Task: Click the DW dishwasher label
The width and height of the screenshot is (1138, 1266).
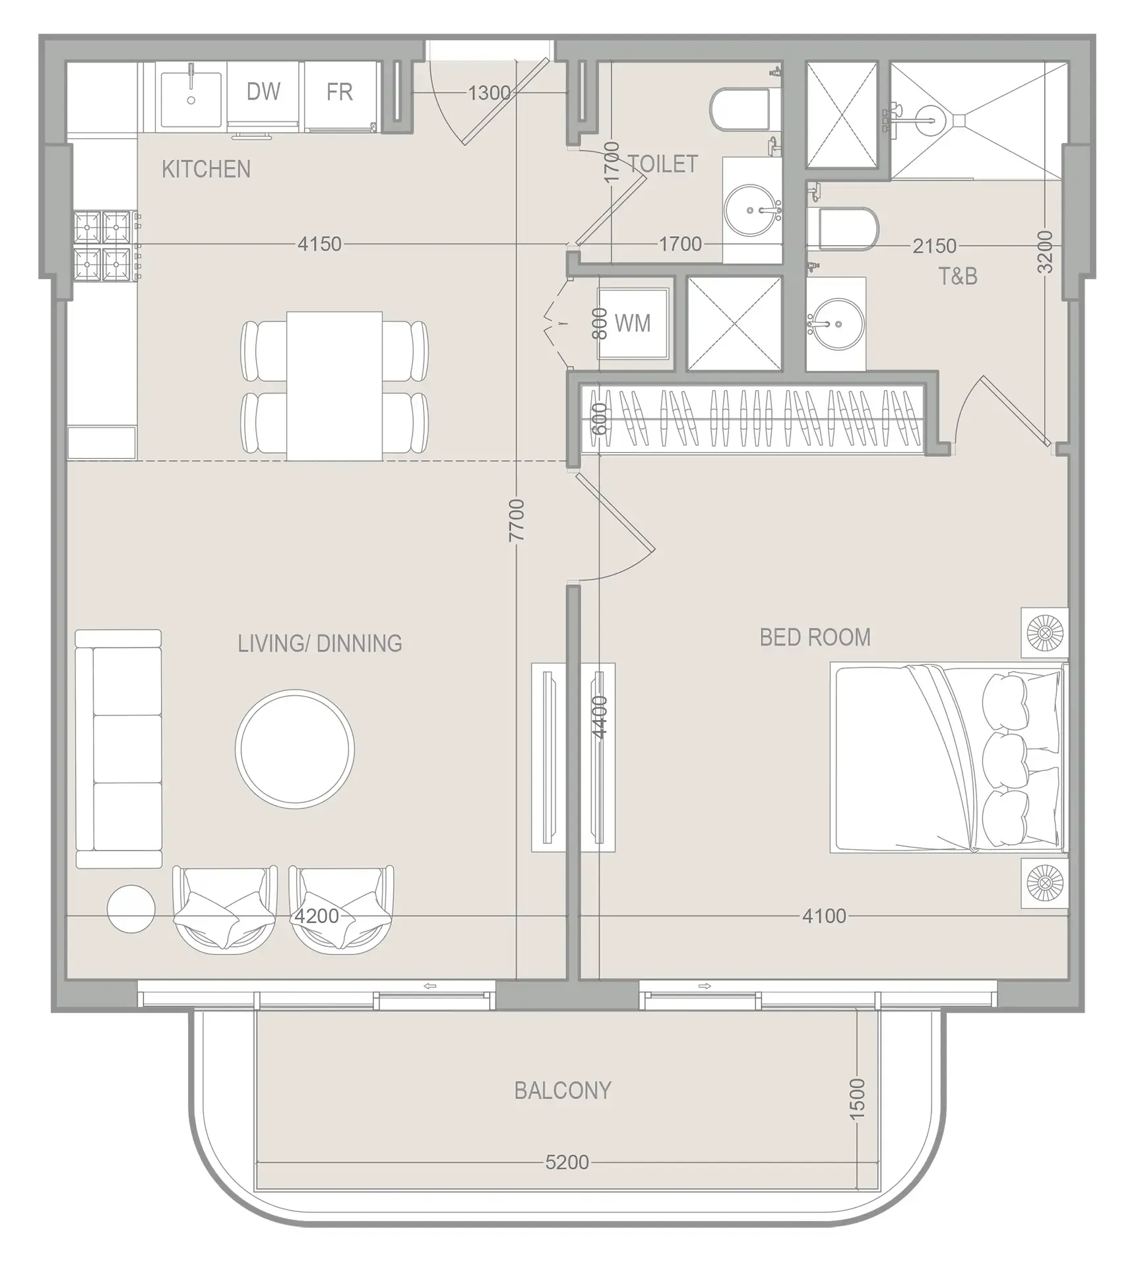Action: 263,92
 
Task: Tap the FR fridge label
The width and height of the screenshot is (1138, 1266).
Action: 339,92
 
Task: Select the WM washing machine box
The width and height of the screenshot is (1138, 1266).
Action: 633,323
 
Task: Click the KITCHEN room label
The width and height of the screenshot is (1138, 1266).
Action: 206,169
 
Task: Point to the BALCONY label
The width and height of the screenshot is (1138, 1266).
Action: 563,1090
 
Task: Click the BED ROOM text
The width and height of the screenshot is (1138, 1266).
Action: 815,638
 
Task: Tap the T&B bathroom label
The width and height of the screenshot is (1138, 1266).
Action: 957,276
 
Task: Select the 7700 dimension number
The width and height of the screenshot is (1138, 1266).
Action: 517,520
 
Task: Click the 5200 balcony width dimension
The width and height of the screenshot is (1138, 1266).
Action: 567,1162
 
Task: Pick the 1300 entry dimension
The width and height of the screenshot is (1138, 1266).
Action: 489,93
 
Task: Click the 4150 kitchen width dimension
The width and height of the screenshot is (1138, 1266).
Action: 319,244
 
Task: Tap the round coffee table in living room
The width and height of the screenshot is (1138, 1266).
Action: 295,748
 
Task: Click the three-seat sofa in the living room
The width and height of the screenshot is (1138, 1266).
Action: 119,748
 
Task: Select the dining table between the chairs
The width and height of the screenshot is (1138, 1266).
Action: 334,386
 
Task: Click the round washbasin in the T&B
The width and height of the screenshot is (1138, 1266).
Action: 836,324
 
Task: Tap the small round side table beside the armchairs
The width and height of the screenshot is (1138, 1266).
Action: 131,909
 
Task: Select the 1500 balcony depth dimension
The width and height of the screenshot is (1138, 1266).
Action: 856,1099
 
